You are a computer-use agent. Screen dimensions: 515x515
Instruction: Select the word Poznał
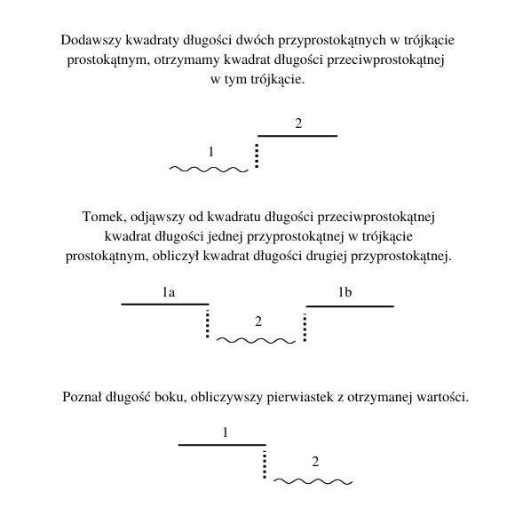(82, 397)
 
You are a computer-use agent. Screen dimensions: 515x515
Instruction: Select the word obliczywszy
(226, 398)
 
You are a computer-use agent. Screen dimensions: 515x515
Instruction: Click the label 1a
(169, 292)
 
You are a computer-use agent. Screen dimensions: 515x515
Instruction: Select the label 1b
(345, 292)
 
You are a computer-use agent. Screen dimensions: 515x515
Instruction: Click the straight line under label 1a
(165, 305)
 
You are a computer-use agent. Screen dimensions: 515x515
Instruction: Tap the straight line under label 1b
(350, 306)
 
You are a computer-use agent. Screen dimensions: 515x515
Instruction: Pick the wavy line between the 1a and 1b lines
(257, 341)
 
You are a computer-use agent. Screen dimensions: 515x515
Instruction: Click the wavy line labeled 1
(209, 170)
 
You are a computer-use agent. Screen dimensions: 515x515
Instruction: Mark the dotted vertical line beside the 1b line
(305, 328)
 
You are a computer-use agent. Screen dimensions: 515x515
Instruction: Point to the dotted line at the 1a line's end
(207, 323)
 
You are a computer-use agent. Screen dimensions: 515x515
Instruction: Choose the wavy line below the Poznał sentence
(313, 481)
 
